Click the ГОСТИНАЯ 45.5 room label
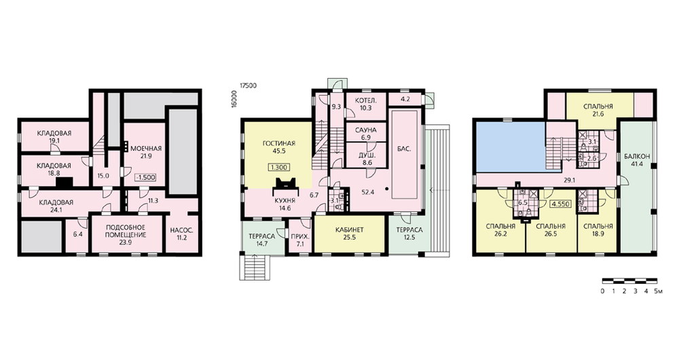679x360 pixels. [279, 147]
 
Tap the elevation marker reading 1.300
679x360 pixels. [279, 167]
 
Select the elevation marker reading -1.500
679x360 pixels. [145, 177]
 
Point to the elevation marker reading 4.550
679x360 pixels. [561, 204]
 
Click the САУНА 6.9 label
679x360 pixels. [365, 133]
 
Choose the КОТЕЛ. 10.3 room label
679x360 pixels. [366, 104]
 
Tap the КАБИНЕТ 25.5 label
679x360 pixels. [349, 234]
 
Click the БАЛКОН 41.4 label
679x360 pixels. [637, 160]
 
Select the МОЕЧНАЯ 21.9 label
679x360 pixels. [146, 153]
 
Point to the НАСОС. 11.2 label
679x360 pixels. [181, 234]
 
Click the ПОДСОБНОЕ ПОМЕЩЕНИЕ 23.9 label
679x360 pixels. [126, 235]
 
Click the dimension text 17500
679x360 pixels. [248, 86]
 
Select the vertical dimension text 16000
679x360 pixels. [234, 99]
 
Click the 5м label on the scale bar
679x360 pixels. [658, 291]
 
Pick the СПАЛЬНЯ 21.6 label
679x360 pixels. [598, 110]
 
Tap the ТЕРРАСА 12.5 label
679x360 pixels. [409, 234]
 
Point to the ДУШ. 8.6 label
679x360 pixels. [365, 160]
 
